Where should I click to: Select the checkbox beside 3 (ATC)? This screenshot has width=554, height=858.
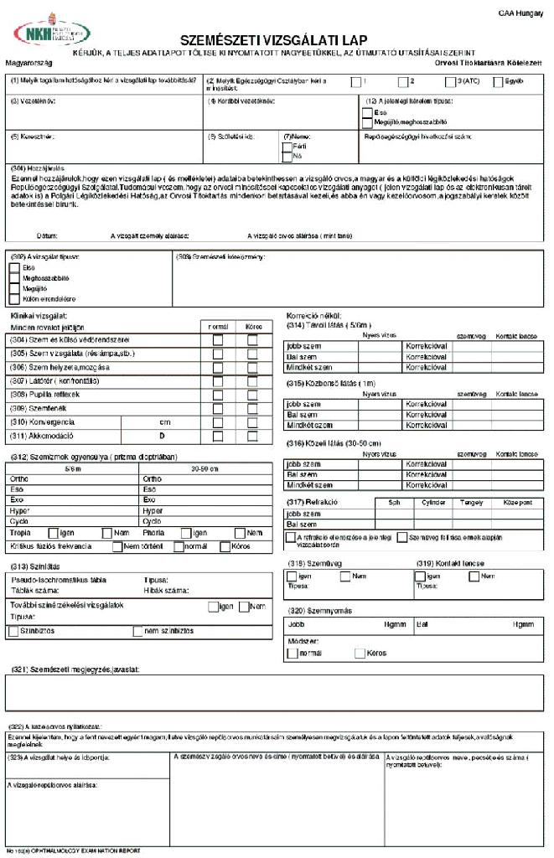pos(450,81)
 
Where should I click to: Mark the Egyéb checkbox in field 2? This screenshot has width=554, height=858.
pos(499,81)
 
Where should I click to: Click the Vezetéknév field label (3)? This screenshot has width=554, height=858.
pos(34,101)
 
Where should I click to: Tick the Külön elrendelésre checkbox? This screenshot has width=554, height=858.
pos(14,299)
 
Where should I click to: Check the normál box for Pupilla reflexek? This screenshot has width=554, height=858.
pos(218,394)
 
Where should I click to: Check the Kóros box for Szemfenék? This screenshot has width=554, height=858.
pos(253,408)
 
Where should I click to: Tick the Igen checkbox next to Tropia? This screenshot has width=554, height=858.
pos(54,533)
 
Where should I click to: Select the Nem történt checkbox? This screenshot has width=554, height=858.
pos(117,547)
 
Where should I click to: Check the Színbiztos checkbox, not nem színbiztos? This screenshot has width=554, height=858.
pos(13,631)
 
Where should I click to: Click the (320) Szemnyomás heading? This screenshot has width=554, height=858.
pos(318,610)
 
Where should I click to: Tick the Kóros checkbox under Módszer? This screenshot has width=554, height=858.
pos(360,653)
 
